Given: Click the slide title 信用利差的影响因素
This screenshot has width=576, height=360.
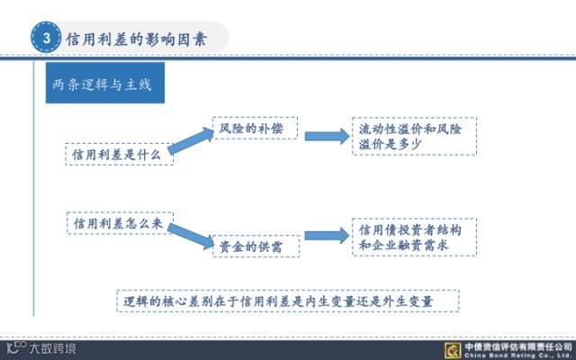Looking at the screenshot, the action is (x=135, y=38).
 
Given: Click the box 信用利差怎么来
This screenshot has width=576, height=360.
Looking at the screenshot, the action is (x=118, y=222).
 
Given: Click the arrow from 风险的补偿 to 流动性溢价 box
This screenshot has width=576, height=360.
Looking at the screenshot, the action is (x=326, y=136).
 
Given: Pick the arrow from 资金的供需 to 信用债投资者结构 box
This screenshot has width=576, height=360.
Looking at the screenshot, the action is (x=326, y=236).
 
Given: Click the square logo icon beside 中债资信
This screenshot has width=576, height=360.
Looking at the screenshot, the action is (x=454, y=349).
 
